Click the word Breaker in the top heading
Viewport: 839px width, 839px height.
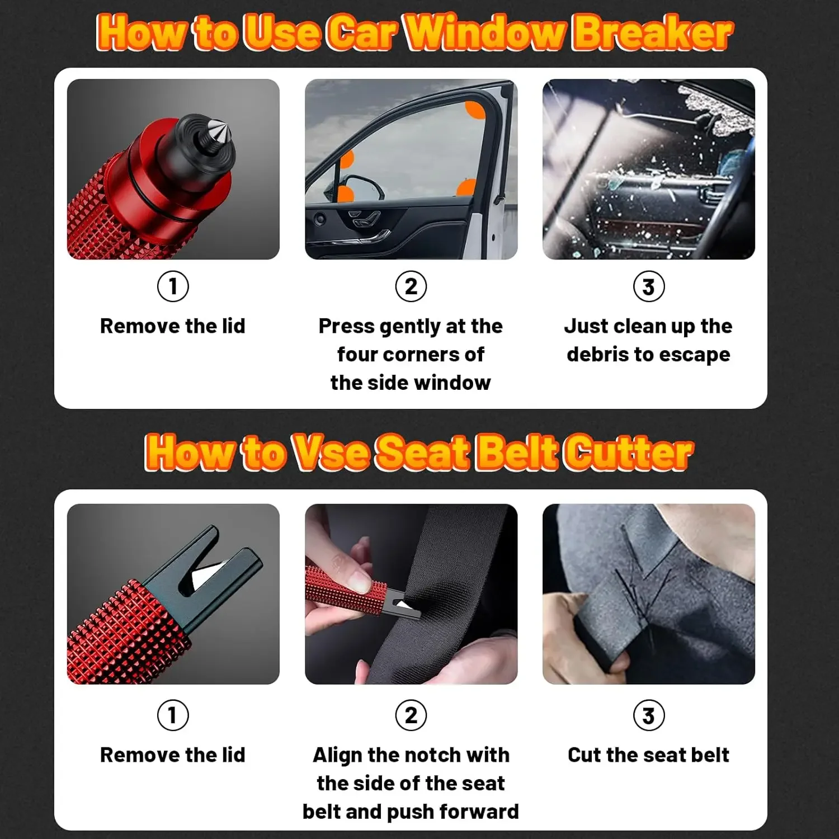pyautogui.click(x=652, y=32)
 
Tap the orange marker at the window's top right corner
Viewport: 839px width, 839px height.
pyautogui.click(x=476, y=110)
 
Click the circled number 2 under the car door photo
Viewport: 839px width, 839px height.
pyautogui.click(x=411, y=286)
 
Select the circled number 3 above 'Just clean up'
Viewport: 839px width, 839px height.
pyautogui.click(x=648, y=286)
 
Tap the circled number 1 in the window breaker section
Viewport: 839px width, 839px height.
pyautogui.click(x=173, y=286)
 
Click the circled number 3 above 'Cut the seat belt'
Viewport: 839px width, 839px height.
pyautogui.click(x=648, y=715)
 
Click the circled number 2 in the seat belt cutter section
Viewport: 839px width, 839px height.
pyautogui.click(x=411, y=715)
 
